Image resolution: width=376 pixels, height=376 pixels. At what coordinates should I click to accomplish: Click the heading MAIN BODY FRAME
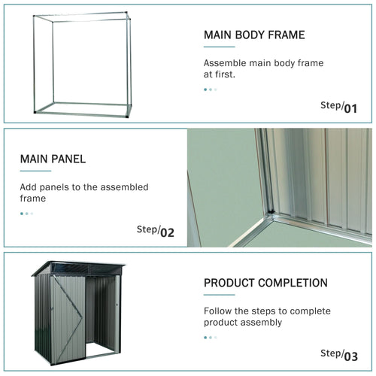click(x=253, y=35)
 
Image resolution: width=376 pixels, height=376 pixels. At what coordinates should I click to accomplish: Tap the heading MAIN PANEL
click(x=53, y=159)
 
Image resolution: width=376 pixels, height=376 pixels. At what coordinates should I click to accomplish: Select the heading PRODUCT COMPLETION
click(x=265, y=283)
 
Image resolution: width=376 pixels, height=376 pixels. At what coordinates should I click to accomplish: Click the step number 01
click(x=350, y=108)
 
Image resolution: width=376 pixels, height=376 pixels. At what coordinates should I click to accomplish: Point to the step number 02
click(x=166, y=232)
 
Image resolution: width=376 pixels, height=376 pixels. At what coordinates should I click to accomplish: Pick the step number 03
click(x=350, y=356)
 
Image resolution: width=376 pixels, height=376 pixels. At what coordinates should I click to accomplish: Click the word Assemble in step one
click(x=226, y=63)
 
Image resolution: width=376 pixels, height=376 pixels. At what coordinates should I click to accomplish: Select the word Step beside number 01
click(x=331, y=105)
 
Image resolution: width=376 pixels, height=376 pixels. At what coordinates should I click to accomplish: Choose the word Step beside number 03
click(x=331, y=353)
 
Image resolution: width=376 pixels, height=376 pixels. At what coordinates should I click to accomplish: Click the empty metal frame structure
click(x=81, y=64)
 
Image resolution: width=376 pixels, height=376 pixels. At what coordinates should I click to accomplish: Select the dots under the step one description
click(x=211, y=89)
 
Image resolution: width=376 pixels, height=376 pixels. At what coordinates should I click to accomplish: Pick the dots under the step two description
click(x=26, y=214)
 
